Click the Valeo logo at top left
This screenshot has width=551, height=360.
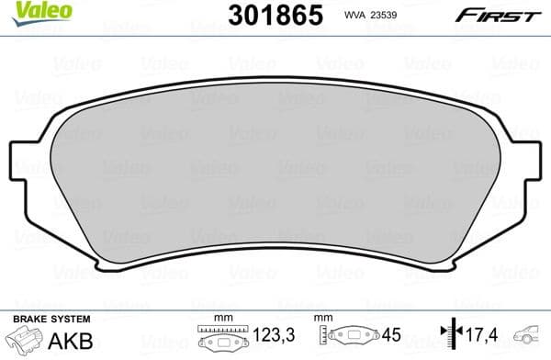coord(30,10)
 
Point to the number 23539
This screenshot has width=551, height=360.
coord(391,16)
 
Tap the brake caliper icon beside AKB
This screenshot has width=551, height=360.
coord(25,341)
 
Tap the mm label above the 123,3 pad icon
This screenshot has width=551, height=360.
coord(219,318)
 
